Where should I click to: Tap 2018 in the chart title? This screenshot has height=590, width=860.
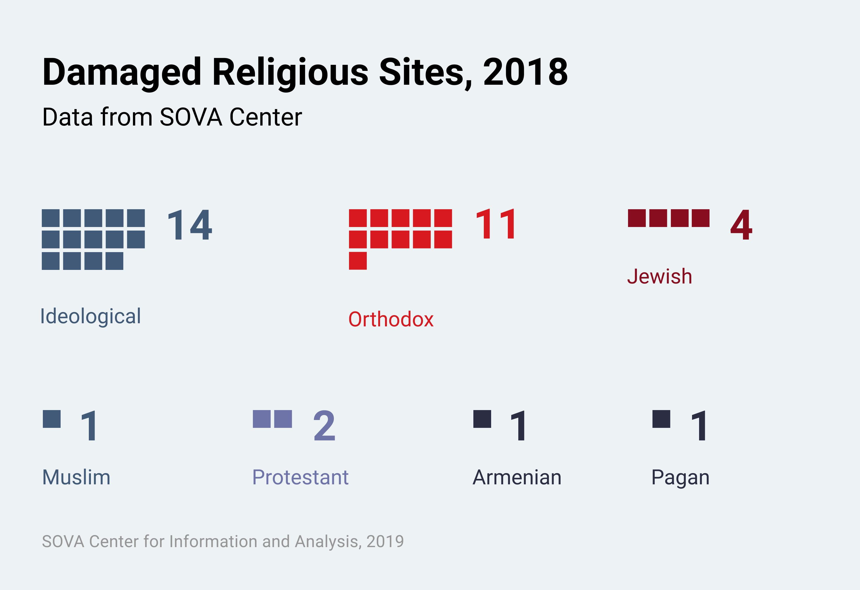(525, 72)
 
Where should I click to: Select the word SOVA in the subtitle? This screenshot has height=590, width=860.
(191, 117)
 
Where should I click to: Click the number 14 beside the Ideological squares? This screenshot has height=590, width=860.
(189, 225)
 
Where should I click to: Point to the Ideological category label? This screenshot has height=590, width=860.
(91, 316)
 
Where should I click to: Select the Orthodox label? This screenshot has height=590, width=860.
(391, 319)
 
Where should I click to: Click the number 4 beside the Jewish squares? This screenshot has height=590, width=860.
(741, 225)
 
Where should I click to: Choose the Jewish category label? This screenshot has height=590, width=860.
(659, 276)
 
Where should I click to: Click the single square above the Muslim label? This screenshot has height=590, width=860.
(52, 419)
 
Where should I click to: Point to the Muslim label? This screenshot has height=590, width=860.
(76, 477)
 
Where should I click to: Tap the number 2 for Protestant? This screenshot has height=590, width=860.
(324, 426)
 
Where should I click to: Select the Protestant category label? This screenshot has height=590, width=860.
(300, 477)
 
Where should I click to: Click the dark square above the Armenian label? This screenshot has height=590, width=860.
(482, 419)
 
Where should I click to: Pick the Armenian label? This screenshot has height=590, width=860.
(517, 477)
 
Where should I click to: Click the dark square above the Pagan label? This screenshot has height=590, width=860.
(661, 419)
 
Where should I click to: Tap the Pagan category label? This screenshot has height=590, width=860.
(680, 477)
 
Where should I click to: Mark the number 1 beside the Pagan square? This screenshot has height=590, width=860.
(699, 426)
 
